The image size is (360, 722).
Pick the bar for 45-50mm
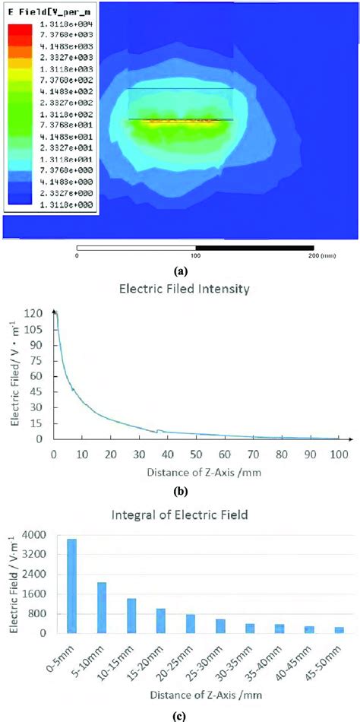[x=339, y=630]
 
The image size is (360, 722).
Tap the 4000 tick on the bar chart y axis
[x=41, y=535]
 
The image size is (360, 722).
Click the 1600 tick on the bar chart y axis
[x=41, y=594]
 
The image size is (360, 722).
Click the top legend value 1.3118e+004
[x=52, y=25]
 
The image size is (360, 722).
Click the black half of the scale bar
[x=254, y=248]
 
